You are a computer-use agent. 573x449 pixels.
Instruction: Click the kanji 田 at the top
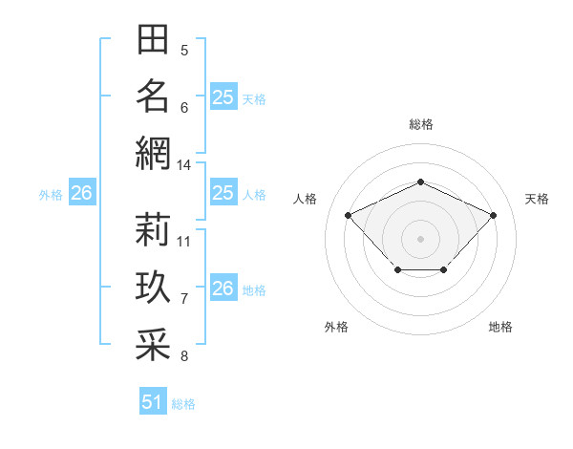(x=153, y=39)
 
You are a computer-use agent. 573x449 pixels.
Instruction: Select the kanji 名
(x=153, y=96)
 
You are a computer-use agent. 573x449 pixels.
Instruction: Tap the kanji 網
(x=153, y=153)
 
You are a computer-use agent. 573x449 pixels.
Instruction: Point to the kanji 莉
(x=153, y=229)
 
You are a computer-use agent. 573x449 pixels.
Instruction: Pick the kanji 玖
(x=153, y=287)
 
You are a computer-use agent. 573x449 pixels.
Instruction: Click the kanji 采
(x=153, y=344)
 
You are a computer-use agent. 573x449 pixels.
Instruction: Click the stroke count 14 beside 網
(x=183, y=165)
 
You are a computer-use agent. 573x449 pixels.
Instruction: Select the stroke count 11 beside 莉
(x=183, y=242)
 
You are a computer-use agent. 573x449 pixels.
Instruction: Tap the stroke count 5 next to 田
(x=184, y=51)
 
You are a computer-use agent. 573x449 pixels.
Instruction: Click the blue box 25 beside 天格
(x=223, y=96)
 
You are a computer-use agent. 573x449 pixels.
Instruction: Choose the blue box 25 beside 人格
(x=223, y=192)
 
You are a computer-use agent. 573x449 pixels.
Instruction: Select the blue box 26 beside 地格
(x=223, y=287)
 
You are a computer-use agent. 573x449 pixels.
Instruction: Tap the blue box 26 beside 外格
(x=82, y=192)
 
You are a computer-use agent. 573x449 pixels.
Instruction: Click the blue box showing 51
(x=153, y=400)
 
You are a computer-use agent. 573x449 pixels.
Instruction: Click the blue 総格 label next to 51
(x=183, y=404)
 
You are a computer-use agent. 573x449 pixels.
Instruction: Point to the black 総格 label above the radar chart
(x=421, y=124)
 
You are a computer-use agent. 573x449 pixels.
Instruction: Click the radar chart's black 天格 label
(x=537, y=199)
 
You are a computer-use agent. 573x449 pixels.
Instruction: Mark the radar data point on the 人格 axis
(x=348, y=215)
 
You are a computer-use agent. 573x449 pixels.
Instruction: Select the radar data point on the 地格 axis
(x=444, y=269)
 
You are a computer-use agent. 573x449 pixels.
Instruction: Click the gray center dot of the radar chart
(x=420, y=239)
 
